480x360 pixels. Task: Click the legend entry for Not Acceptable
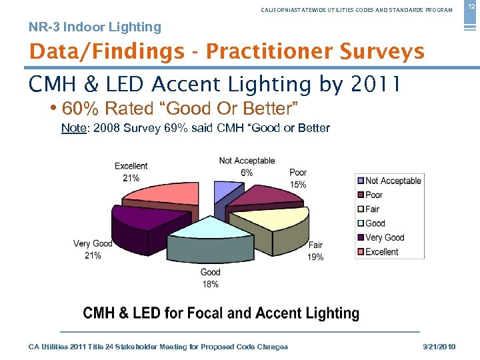pyautogui.click(x=393, y=181)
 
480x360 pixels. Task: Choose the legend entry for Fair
pyautogui.click(x=372, y=209)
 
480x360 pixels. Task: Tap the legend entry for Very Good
pyautogui.click(x=384, y=237)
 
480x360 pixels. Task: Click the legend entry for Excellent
pyautogui.click(x=381, y=252)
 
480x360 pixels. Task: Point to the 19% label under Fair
pyautogui.click(x=315, y=257)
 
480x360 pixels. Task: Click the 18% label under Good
pyautogui.click(x=210, y=284)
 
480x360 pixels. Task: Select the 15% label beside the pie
pyautogui.click(x=298, y=185)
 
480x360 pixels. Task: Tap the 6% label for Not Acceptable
pyautogui.click(x=247, y=173)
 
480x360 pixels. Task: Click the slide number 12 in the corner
pyautogui.click(x=471, y=6)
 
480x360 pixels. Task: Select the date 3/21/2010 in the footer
pyautogui.click(x=441, y=347)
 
